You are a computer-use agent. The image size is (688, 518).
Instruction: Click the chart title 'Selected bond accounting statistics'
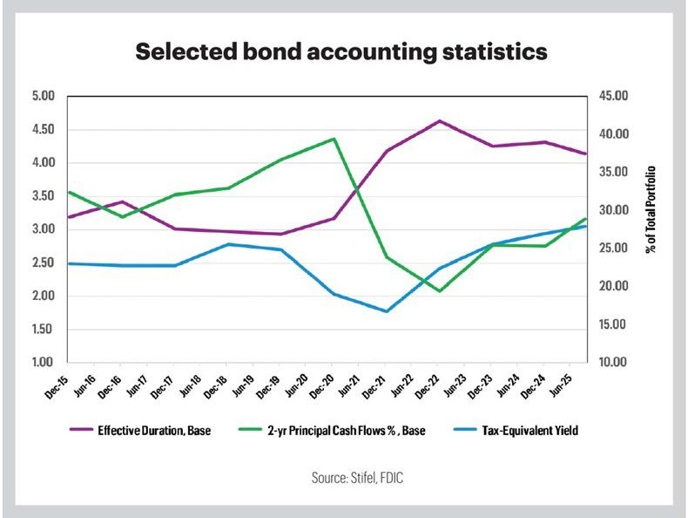[x=341, y=52]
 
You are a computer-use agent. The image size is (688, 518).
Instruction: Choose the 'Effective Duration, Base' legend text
[x=154, y=429]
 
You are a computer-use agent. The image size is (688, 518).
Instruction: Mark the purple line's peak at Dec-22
[x=440, y=120]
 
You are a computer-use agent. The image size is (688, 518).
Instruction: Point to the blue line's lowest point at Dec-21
[x=386, y=311]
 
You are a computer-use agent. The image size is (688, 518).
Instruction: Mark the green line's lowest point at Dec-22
[x=440, y=290]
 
